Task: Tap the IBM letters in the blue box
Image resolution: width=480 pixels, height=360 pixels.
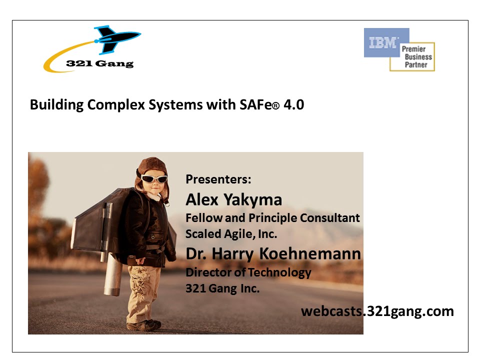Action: click(x=383, y=42)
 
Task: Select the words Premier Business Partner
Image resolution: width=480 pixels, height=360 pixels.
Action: click(x=416, y=56)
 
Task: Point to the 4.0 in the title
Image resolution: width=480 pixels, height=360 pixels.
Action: click(x=293, y=104)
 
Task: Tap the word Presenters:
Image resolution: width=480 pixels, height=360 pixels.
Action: click(x=218, y=179)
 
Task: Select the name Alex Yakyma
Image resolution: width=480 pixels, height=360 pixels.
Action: click(x=234, y=200)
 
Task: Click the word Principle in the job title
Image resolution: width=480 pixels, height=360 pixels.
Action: click(x=273, y=218)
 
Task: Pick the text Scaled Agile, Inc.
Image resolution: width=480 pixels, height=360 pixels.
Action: click(x=231, y=234)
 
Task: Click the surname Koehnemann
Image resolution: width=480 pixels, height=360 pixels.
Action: click(x=310, y=253)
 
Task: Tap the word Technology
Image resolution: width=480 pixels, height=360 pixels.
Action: click(x=279, y=272)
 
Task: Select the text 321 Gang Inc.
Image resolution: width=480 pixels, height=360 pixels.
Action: click(x=222, y=288)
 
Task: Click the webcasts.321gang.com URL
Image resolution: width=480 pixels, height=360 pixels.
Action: click(x=377, y=311)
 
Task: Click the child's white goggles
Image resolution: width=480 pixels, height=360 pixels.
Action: click(x=154, y=179)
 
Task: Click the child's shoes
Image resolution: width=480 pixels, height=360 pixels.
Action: click(x=144, y=324)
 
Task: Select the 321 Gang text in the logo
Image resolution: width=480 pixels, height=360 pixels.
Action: click(x=100, y=63)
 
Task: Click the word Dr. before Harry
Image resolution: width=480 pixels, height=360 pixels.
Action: click(x=196, y=254)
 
